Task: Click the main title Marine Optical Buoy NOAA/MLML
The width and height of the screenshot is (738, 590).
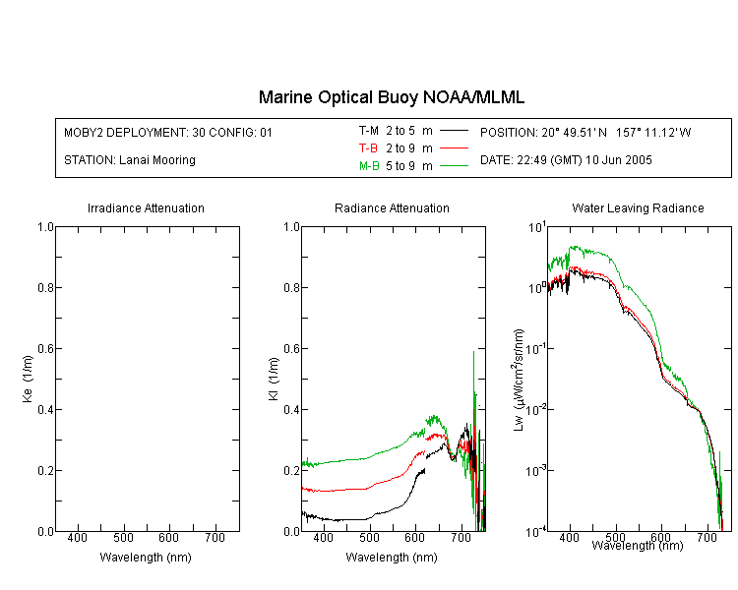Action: [391, 97]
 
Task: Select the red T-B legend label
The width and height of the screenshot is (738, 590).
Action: [368, 148]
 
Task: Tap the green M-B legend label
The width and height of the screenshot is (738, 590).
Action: [369, 166]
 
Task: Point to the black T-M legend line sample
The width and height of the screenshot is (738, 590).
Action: [454, 131]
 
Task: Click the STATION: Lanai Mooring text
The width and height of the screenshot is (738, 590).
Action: [130, 160]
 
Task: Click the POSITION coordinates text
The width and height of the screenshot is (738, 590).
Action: [585, 133]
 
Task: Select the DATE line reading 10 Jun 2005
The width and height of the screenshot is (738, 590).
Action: [566, 160]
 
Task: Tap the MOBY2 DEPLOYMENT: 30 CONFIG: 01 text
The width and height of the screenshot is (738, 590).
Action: [168, 133]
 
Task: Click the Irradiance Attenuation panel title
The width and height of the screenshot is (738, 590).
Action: [146, 207]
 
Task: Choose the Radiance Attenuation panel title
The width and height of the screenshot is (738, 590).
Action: [392, 207]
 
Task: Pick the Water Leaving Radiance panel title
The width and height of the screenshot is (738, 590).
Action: [638, 207]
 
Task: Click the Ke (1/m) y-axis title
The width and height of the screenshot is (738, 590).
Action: [28, 380]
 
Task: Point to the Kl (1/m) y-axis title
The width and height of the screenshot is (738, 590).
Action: [274, 380]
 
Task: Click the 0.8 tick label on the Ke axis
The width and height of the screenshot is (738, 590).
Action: [45, 287]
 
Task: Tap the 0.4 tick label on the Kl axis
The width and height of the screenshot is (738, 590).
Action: [292, 410]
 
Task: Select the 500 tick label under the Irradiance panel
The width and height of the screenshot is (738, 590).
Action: [123, 538]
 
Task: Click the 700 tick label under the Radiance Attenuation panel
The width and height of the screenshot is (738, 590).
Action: [461, 538]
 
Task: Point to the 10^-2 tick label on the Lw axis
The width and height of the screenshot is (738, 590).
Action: [536, 409]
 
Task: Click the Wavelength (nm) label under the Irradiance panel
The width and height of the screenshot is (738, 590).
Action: [146, 558]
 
